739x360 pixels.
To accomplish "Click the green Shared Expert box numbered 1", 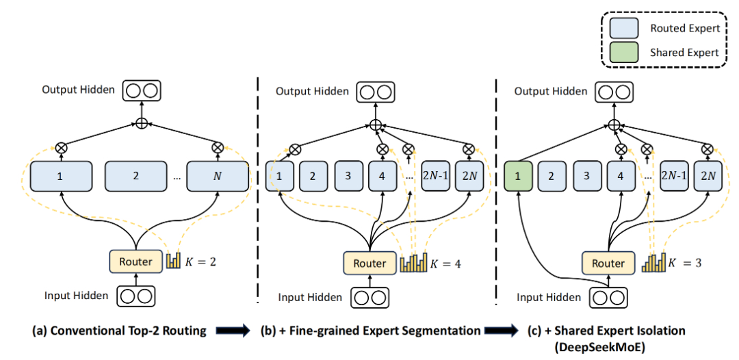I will pyautogui.click(x=518, y=176).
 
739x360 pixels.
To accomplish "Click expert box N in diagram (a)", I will pyautogui.click(x=218, y=176).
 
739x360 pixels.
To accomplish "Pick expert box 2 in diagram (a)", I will pyautogui.click(x=135, y=176).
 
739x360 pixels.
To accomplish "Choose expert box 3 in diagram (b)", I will pyautogui.click(x=348, y=176).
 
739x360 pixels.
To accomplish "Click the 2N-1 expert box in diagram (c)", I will pyautogui.click(x=675, y=176).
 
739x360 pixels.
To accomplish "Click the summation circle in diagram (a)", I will pyautogui.click(x=141, y=123).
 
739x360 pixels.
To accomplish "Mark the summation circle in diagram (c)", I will pyautogui.click(x=614, y=125).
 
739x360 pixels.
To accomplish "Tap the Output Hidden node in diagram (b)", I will pyautogui.click(x=374, y=92).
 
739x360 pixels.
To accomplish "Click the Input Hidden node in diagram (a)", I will pyautogui.click(x=135, y=296).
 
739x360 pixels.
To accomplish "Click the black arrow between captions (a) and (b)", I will pyautogui.click(x=233, y=331).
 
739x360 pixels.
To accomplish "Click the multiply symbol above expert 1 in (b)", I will pyautogui.click(x=294, y=148).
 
